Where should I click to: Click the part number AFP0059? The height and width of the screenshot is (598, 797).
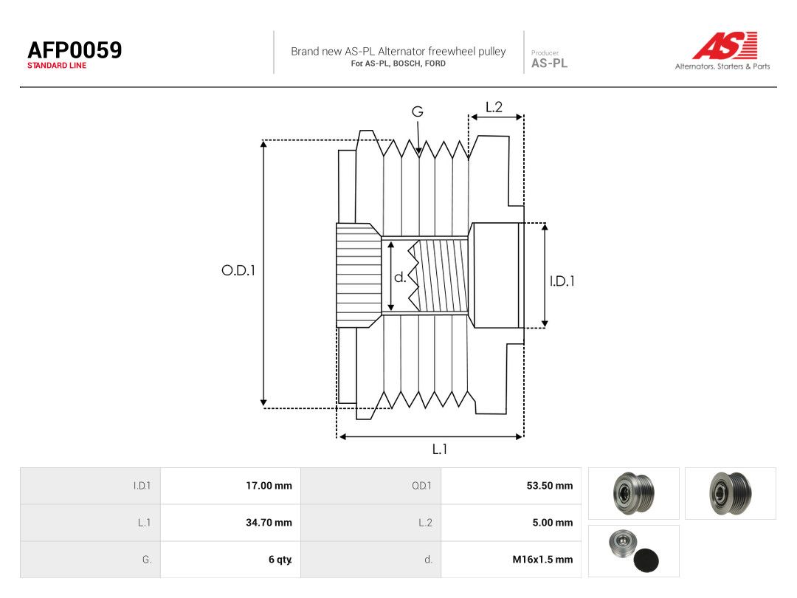(75, 50)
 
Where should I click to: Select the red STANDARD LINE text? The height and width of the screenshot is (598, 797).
(57, 66)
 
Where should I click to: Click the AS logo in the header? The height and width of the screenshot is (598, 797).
(725, 45)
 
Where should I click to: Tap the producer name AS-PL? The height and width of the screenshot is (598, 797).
(550, 63)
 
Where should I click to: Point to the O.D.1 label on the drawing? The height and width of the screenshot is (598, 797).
(238, 270)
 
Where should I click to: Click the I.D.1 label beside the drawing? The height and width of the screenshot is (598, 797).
(562, 281)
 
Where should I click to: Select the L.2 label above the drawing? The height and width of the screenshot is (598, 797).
(494, 107)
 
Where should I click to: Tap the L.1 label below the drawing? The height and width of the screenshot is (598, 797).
(440, 449)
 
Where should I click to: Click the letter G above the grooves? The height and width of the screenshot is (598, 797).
(417, 111)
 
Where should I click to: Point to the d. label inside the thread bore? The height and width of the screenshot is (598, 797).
(400, 277)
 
